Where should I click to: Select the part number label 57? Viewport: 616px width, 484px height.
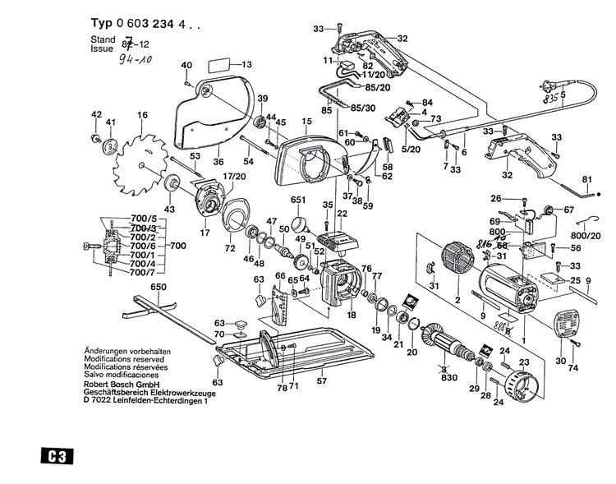pos(322,380)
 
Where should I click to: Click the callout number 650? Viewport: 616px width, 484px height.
pos(159,286)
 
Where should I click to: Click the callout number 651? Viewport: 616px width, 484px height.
pos(297,199)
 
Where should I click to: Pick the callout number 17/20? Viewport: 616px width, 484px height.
pos(235,176)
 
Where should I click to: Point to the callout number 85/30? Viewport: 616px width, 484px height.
pos(362,108)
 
